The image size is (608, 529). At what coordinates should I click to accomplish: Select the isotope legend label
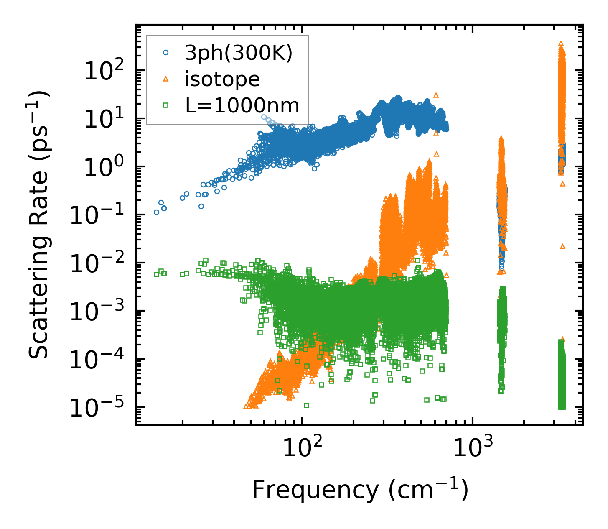coord(223,79)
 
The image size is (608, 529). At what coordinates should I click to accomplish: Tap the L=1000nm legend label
coord(242,106)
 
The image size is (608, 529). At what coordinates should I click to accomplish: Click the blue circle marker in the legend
coord(166,53)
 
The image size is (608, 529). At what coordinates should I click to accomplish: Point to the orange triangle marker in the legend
coord(166,79)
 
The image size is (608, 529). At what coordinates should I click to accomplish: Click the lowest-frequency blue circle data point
coord(157,212)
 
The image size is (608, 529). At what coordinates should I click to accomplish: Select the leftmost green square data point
coord(157,274)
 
